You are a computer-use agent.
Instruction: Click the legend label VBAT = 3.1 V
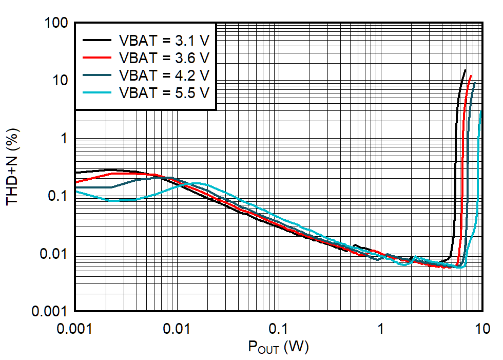click(x=164, y=40)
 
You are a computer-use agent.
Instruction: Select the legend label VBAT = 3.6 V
click(x=164, y=57)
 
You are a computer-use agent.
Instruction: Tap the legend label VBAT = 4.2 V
click(x=164, y=75)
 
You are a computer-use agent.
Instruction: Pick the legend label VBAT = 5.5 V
click(x=164, y=92)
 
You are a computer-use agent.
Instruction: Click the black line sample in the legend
click(x=96, y=40)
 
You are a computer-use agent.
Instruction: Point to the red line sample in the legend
click(x=96, y=57)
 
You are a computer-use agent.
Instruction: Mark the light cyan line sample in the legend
click(x=96, y=92)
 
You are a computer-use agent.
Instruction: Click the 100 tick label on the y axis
click(x=57, y=23)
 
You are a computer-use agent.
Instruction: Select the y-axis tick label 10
click(x=61, y=81)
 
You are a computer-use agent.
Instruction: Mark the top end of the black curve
click(x=465, y=70)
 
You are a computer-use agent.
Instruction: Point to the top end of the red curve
click(x=471, y=75)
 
